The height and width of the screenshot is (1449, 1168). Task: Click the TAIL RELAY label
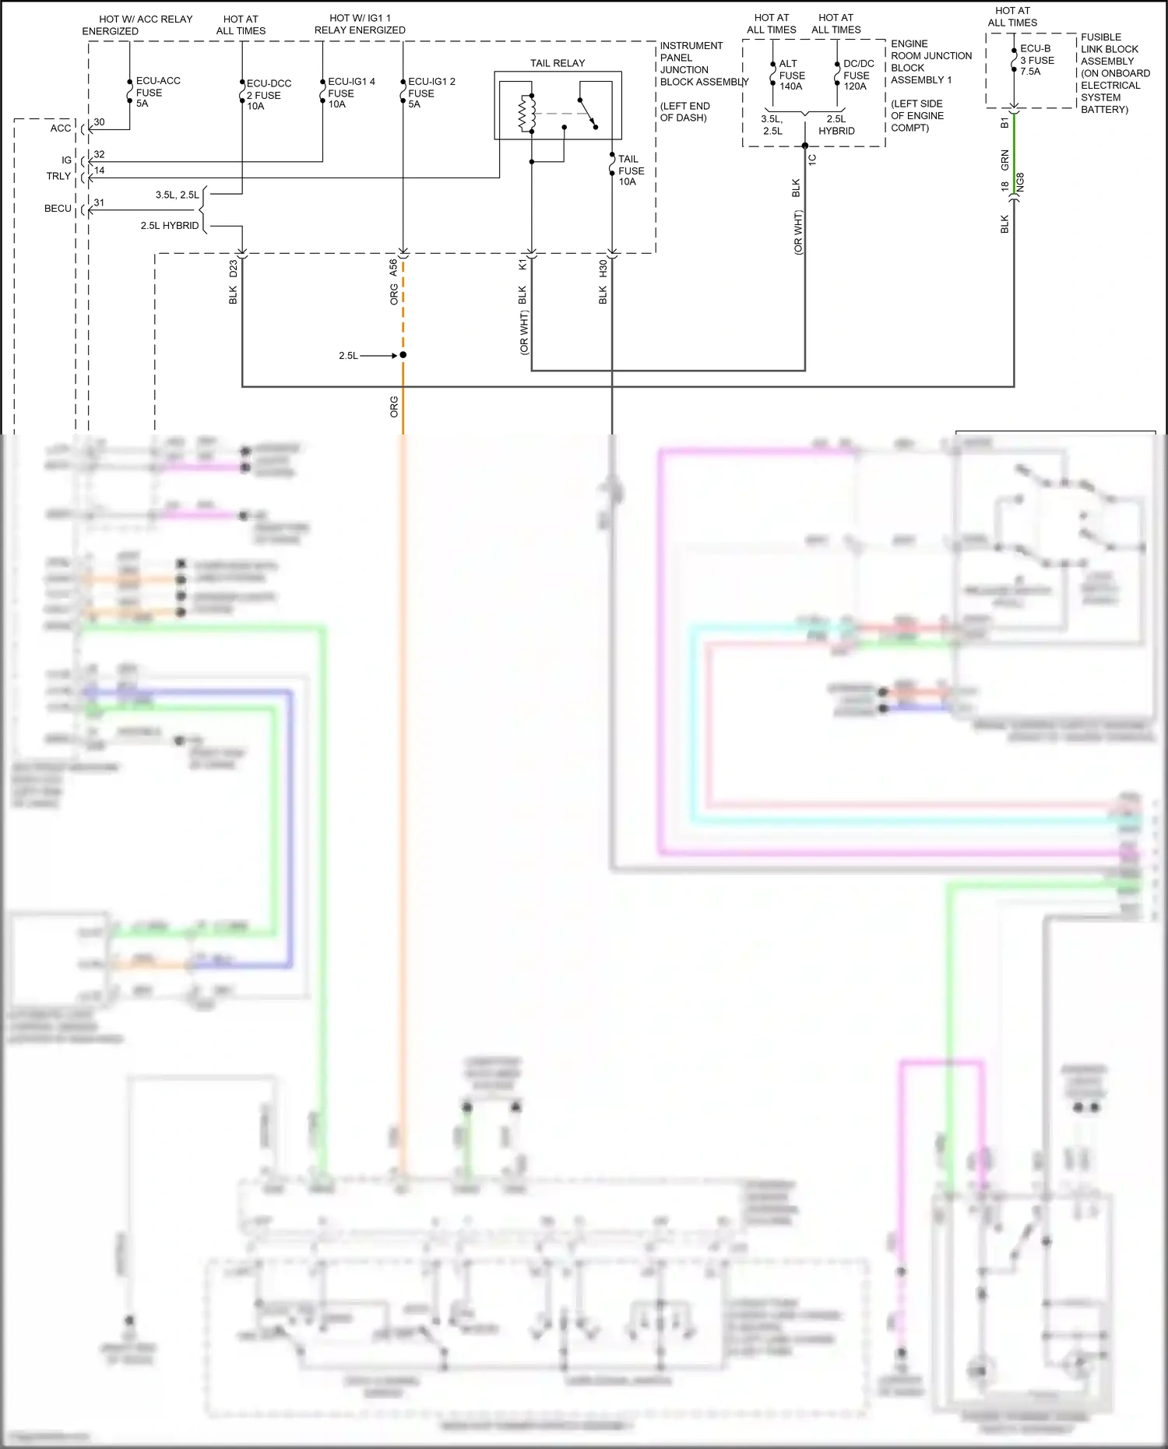[558, 63]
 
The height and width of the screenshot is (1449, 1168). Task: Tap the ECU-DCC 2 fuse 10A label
[268, 95]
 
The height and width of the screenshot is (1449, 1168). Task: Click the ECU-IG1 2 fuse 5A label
[431, 93]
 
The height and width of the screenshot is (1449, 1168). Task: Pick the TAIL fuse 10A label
[631, 171]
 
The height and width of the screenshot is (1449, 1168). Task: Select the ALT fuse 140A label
[791, 76]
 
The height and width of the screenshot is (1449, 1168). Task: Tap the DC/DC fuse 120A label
[857, 76]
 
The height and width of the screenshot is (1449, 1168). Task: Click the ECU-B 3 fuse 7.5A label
[1036, 60]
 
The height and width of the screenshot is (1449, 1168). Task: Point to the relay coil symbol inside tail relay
[529, 114]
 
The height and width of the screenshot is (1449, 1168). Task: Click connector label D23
[234, 269]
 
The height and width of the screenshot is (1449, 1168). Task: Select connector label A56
[393, 268]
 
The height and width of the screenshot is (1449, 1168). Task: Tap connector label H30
[603, 269]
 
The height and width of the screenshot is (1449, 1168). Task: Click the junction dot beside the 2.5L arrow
[403, 355]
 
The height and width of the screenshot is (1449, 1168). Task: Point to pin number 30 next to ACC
[99, 122]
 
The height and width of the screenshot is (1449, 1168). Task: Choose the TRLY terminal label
[58, 176]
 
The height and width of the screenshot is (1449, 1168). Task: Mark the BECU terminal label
[58, 209]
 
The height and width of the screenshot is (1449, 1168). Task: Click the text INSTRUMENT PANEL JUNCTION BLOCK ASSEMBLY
[702, 64]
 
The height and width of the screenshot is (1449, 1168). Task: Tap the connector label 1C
[812, 159]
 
